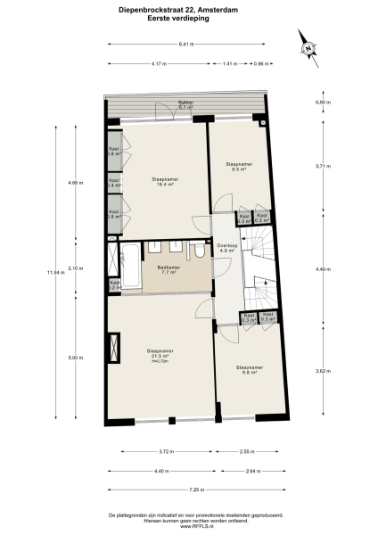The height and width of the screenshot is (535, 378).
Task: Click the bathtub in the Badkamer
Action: coord(130,264)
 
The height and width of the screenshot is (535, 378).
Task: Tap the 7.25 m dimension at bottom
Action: coord(194,490)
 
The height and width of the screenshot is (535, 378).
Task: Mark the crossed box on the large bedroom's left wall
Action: coord(113,345)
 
